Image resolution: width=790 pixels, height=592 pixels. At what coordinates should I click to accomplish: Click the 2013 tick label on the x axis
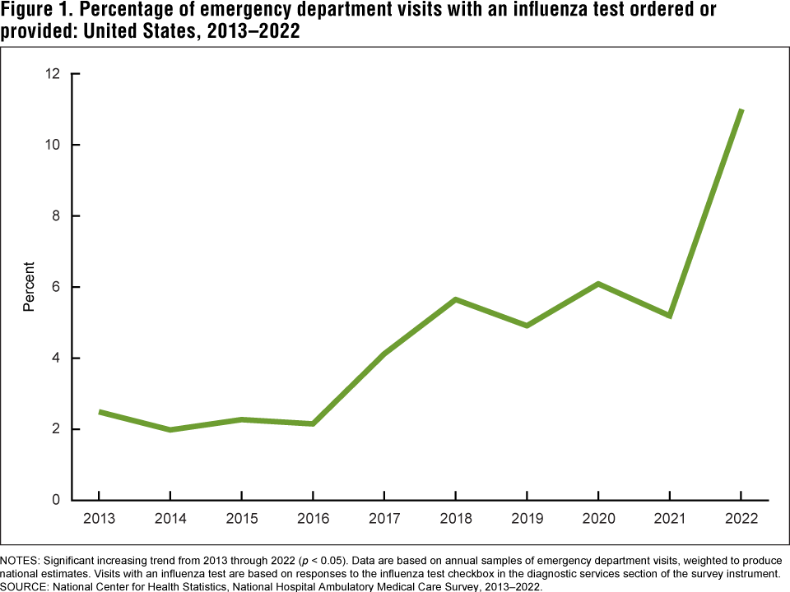(99, 519)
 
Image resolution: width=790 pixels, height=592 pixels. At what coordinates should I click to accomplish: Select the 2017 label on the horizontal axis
(384, 519)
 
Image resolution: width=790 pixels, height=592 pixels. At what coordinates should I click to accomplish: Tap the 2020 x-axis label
(598, 519)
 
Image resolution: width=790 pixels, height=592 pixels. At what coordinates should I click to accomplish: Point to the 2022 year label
(741, 519)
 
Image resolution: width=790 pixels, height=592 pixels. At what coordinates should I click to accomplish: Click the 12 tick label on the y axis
(53, 74)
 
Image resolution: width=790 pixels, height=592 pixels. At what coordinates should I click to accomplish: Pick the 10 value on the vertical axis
(53, 145)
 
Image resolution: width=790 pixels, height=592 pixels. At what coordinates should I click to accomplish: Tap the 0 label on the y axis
(57, 500)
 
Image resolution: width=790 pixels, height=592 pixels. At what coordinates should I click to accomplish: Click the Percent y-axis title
(30, 286)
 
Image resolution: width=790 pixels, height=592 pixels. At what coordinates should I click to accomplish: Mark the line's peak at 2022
(741, 110)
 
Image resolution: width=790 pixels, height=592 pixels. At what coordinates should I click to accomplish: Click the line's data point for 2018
(455, 299)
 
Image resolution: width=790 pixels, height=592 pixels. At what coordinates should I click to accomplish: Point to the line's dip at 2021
(670, 316)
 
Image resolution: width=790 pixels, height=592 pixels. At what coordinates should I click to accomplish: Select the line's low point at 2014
(170, 429)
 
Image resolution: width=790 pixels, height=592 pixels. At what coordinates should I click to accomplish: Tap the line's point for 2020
(598, 284)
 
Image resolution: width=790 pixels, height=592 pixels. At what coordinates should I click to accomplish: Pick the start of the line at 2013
(100, 412)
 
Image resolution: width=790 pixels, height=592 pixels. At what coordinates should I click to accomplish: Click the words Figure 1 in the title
(35, 12)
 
